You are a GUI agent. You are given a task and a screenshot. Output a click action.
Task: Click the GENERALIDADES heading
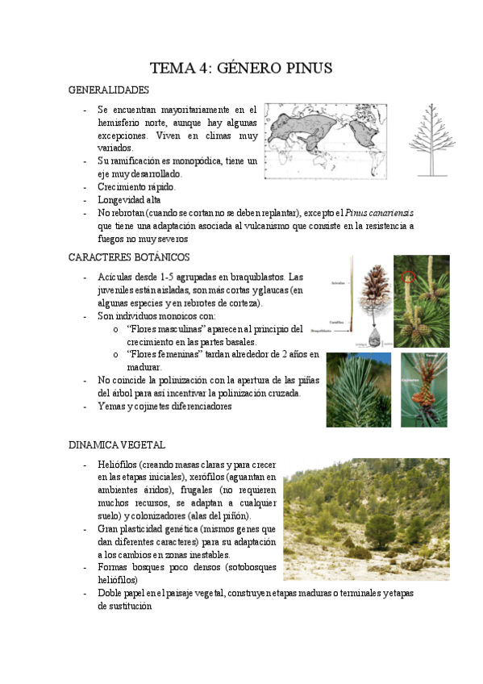(x=109, y=90)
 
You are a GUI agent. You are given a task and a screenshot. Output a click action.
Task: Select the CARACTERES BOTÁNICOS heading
(x=129, y=257)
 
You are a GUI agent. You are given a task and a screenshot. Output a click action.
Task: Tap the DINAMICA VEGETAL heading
(x=117, y=444)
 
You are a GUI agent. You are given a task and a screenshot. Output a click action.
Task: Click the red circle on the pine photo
(x=408, y=277)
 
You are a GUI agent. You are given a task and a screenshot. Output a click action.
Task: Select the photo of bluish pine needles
(x=358, y=390)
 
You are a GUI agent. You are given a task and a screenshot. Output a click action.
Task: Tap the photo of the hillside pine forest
(x=366, y=520)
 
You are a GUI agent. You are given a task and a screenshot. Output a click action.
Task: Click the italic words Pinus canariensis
(x=377, y=213)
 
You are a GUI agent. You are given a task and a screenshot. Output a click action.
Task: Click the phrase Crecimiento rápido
(x=135, y=187)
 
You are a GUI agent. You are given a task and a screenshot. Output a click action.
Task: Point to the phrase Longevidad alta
(x=129, y=200)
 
